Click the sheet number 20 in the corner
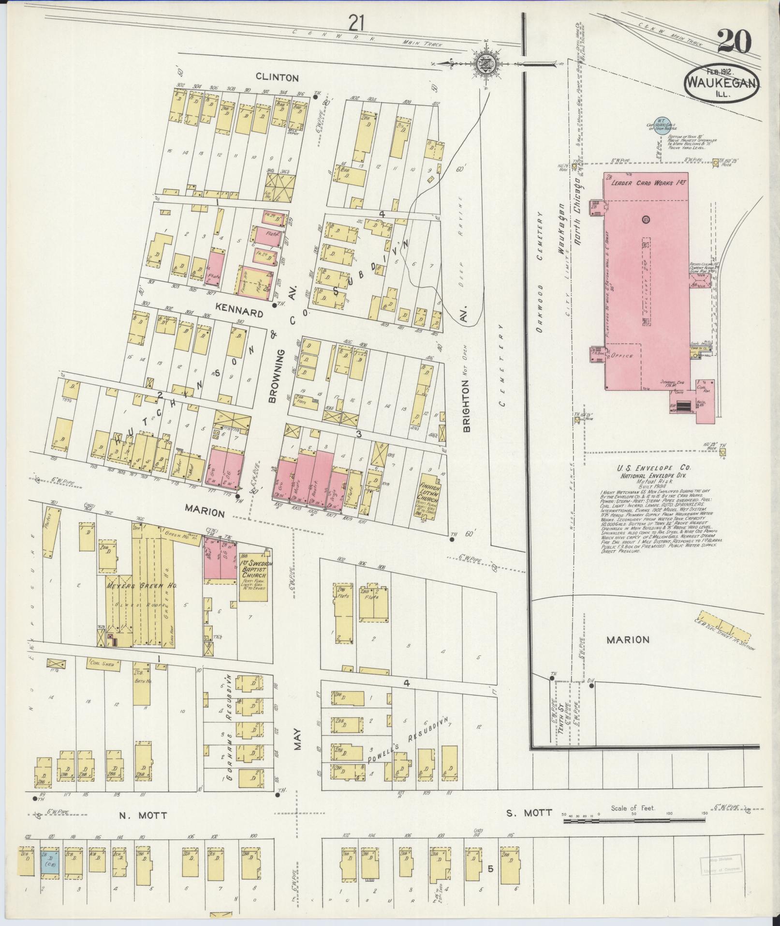pyautogui.click(x=734, y=42)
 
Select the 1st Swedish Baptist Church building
pyautogui.click(x=253, y=575)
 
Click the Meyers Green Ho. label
pyautogui.click(x=141, y=585)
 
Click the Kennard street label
pyautogui.click(x=239, y=314)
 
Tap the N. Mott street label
pyautogui.click(x=143, y=815)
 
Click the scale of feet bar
pyautogui.click(x=634, y=821)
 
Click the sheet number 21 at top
pyautogui.click(x=358, y=22)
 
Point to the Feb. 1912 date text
pyautogui.click(x=718, y=71)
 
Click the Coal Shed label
pyautogui.click(x=102, y=664)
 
